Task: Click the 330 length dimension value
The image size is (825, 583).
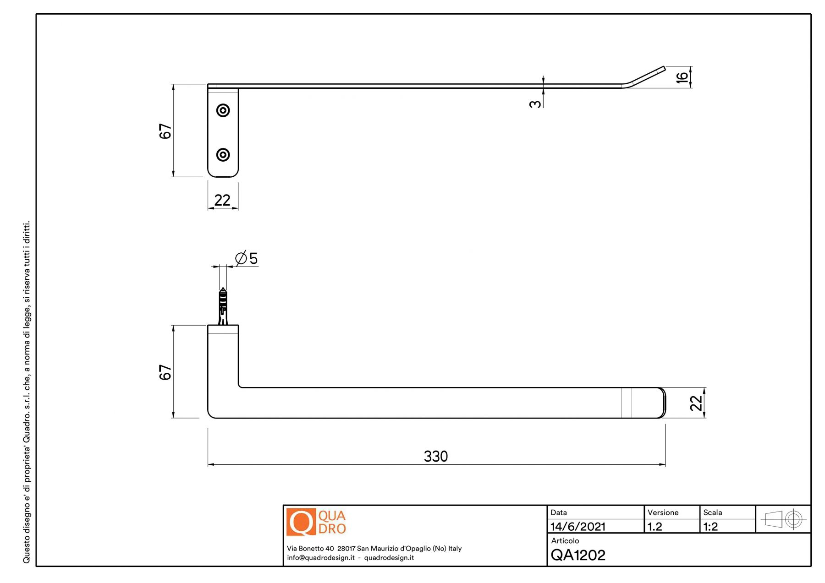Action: [435, 456]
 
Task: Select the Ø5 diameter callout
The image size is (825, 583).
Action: [247, 258]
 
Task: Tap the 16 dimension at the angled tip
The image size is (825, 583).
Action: [682, 76]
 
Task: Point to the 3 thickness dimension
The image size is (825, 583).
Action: [534, 104]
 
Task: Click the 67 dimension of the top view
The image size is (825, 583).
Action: [165, 131]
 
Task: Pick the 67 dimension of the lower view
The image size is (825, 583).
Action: [165, 372]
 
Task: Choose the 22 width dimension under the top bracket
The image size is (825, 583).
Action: [222, 200]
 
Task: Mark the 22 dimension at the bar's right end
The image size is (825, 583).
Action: [696, 403]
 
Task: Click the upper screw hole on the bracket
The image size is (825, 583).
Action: [223, 110]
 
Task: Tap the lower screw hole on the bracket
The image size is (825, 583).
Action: [223, 155]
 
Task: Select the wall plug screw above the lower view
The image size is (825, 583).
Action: [223, 306]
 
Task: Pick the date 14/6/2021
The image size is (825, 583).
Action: [577, 527]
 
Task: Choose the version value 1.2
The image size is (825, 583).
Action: [654, 527]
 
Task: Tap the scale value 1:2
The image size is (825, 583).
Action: [710, 527]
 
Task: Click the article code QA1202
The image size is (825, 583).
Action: [578, 555]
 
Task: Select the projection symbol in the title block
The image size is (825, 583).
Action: [783, 519]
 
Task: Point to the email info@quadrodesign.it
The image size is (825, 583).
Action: [321, 558]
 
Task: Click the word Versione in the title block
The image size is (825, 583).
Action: [663, 512]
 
